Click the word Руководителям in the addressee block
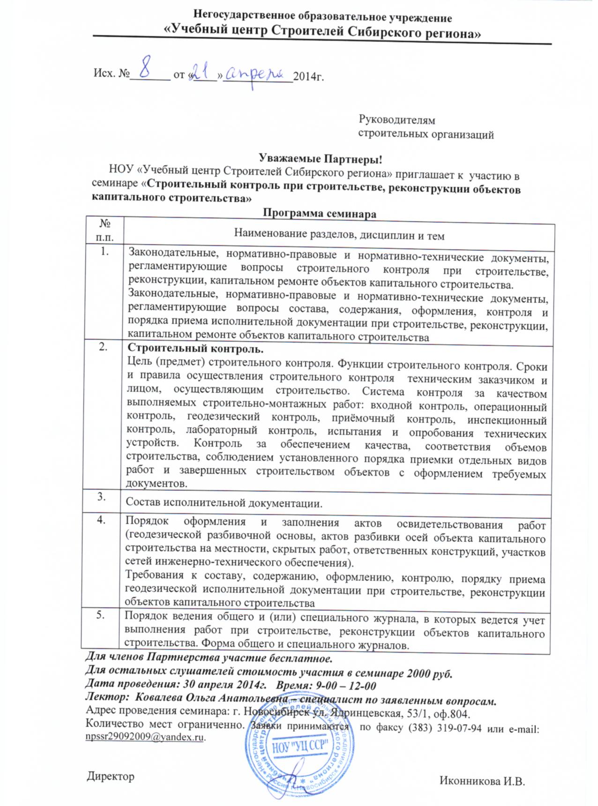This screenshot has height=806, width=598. pos(396,120)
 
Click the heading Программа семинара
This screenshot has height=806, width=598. pos(319,214)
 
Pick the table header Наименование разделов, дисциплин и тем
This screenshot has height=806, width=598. pos(339,235)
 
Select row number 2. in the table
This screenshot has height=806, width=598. pos(103,347)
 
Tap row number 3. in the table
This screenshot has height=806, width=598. pos(102,497)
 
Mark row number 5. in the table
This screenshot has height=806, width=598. pos(101,616)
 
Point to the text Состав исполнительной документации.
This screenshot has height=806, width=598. pos(224,504)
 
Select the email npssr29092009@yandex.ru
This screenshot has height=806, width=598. pos(145,737)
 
